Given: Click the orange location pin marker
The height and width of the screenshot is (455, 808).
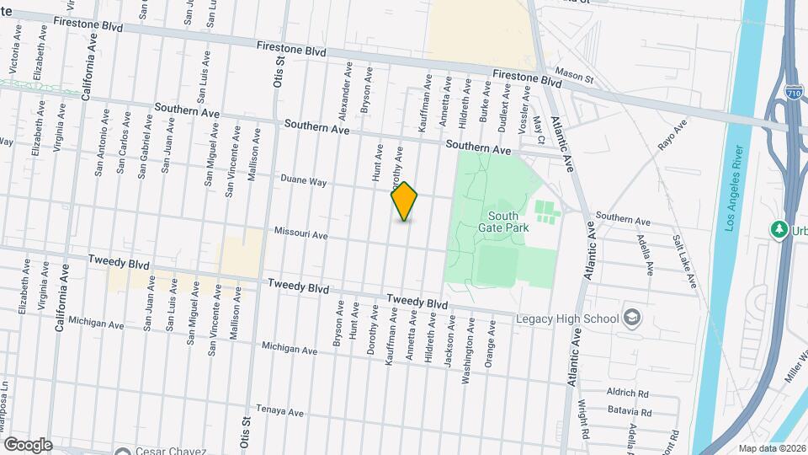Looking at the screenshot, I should [x=405, y=201].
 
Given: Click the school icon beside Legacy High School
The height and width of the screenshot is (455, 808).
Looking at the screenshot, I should [x=633, y=318].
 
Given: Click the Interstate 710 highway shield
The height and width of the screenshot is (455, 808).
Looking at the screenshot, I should [x=792, y=92].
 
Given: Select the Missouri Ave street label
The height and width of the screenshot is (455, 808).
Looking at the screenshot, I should [x=300, y=235].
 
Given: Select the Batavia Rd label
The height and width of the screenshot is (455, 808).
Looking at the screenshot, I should [x=630, y=413].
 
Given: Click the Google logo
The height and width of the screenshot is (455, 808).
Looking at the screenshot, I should [x=28, y=445].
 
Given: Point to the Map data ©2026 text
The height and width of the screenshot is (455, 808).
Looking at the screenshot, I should [x=772, y=448].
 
